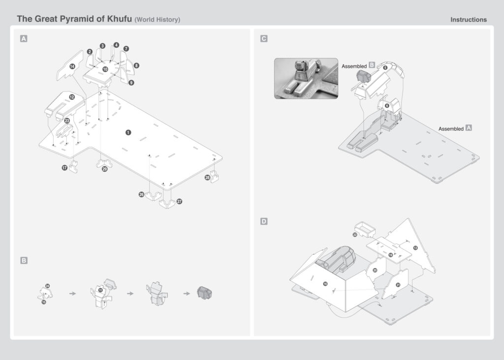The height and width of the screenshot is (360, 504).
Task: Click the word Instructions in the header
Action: point(468,20)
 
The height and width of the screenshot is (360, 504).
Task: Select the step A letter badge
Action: point(24,38)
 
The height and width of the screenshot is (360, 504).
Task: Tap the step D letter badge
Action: point(264,221)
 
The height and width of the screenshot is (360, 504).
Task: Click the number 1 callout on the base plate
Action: point(128,132)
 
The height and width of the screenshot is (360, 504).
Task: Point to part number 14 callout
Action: point(72,66)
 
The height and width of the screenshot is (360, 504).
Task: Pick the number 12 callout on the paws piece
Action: point(72,97)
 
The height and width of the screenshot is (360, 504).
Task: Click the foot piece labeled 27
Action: point(167,203)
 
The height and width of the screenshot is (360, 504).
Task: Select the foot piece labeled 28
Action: point(215,177)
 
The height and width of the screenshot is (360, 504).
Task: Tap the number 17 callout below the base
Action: point(64,168)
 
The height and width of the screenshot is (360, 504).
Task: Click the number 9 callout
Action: point(131,83)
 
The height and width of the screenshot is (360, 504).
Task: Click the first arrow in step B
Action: point(73,293)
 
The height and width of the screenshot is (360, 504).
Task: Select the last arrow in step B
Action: point(187,293)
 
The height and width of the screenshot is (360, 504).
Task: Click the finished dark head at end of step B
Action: point(204,293)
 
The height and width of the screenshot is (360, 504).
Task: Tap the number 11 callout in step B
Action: point(100,290)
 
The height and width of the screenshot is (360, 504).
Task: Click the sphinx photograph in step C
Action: point(306,78)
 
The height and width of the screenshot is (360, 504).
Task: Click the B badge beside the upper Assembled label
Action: point(372,65)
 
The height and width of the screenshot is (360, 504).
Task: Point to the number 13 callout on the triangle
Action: point(415,248)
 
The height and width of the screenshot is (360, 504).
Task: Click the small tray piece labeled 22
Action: point(365,228)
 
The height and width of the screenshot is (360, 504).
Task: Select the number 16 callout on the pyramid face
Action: point(325,284)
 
